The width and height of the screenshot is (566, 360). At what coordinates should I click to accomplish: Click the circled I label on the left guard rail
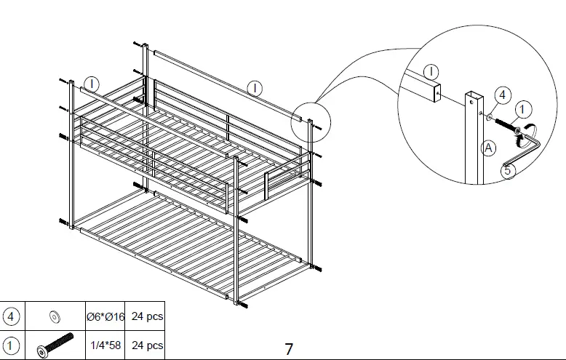pyautogui.click(x=91, y=82)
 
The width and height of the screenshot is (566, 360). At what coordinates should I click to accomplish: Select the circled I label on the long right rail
pyautogui.click(x=255, y=89)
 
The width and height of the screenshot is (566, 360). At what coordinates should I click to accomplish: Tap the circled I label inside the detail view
pyautogui.click(x=431, y=71)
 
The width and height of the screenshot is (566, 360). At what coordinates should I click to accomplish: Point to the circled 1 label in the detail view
pyautogui.click(x=523, y=110)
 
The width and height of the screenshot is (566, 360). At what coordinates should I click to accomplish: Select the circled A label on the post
pyautogui.click(x=489, y=148)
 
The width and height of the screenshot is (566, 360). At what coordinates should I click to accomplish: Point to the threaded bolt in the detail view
pyautogui.click(x=506, y=124)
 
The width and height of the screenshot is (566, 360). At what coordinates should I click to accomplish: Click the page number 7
pyautogui.click(x=289, y=349)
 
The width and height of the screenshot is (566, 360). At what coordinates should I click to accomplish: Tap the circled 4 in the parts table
pyautogui.click(x=12, y=317)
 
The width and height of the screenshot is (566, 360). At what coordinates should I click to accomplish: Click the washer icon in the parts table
pyautogui.click(x=54, y=317)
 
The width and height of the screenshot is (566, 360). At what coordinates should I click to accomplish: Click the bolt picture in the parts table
pyautogui.click(x=54, y=345)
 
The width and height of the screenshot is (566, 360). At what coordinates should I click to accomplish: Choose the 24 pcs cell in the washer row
pyautogui.click(x=145, y=317)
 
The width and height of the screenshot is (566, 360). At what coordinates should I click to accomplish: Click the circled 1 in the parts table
pyautogui.click(x=12, y=345)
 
